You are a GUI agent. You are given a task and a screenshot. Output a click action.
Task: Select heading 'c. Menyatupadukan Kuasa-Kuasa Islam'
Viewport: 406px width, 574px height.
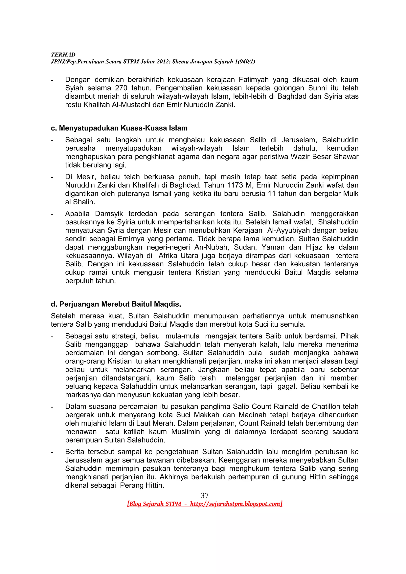click(119, 128)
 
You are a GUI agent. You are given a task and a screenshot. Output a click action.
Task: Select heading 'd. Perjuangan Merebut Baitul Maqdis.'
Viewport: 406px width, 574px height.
click(116, 304)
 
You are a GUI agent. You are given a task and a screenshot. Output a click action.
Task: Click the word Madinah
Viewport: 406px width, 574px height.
click(253, 415)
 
